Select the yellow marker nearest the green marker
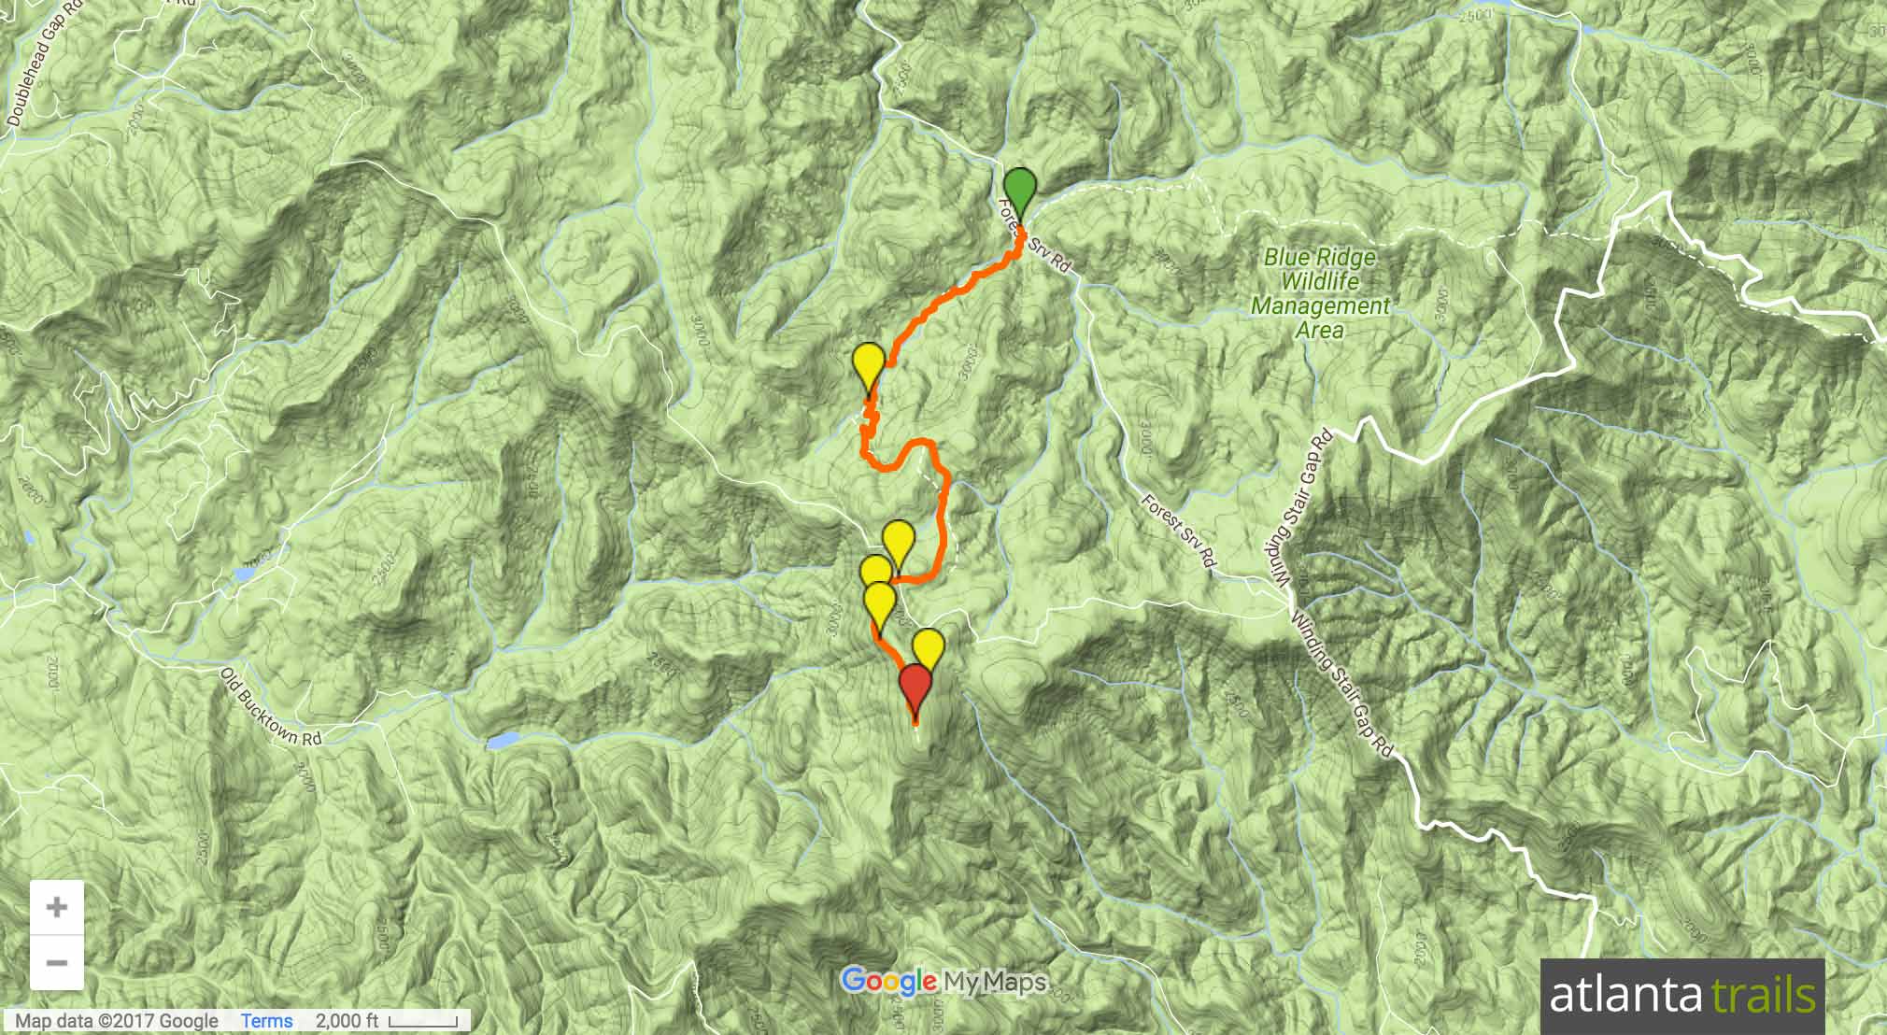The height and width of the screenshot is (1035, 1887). click(x=869, y=363)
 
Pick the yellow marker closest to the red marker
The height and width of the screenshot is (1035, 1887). click(x=928, y=647)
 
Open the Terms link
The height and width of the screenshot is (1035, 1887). click(x=266, y=1021)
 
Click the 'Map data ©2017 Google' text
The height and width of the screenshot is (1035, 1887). click(x=117, y=1021)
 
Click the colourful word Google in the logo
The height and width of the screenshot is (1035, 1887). click(x=888, y=982)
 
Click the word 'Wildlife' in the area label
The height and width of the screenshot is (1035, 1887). click(x=1320, y=281)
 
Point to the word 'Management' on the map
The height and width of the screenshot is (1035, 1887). click(x=1320, y=305)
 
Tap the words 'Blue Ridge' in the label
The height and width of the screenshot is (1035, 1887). click(x=1320, y=258)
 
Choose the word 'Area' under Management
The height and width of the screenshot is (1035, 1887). click(x=1320, y=330)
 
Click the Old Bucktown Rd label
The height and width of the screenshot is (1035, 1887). click(x=272, y=706)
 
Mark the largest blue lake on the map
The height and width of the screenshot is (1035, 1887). click(x=503, y=742)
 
